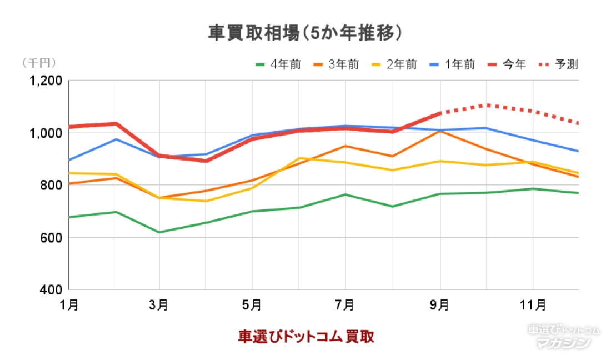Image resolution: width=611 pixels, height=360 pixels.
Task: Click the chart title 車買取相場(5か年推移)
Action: click(x=305, y=33)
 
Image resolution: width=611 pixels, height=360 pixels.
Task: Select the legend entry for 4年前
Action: click(x=278, y=64)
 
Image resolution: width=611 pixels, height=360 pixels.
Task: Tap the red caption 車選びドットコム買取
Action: click(x=305, y=336)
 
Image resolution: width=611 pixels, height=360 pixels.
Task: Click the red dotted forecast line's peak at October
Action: click(x=487, y=104)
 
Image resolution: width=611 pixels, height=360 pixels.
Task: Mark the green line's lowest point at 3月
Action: click(x=160, y=232)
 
